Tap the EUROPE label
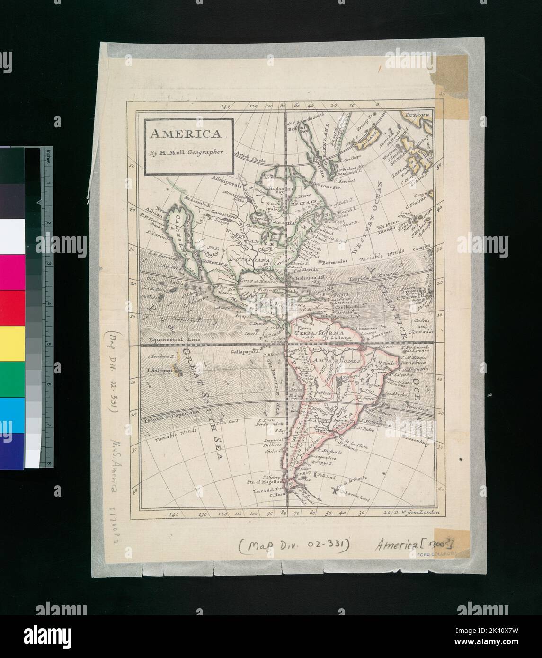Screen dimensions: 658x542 coord(416,115)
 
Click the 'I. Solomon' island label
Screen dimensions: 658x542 coord(160,371)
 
